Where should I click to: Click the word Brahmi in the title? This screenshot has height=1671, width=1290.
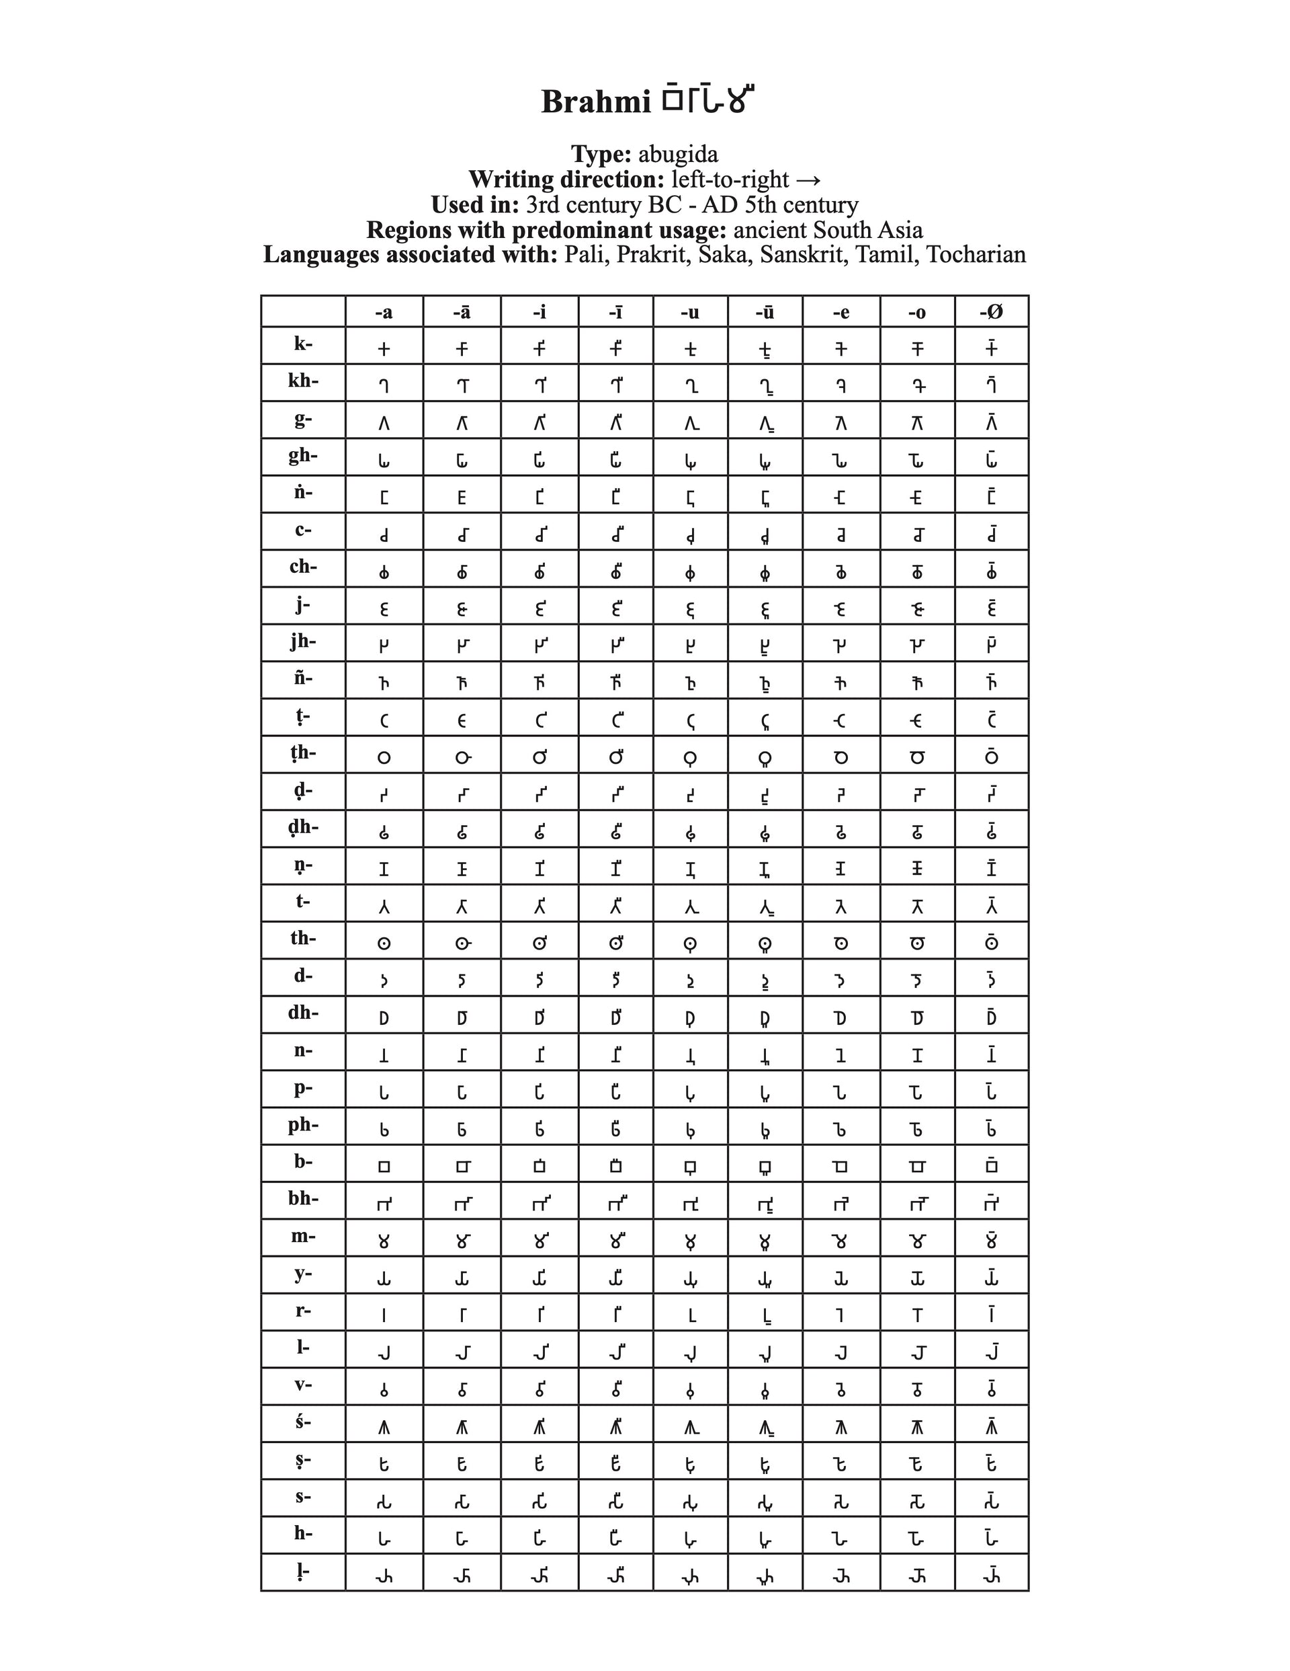pyautogui.click(x=595, y=102)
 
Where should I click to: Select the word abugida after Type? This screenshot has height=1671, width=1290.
pyautogui.click(x=679, y=155)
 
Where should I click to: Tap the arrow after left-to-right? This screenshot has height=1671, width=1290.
pyautogui.click(x=808, y=180)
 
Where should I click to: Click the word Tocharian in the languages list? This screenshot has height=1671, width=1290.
pyautogui.click(x=976, y=254)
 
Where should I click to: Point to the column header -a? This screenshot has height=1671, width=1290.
pyautogui.click(x=384, y=312)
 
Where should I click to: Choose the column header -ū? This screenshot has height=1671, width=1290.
pyautogui.click(x=765, y=312)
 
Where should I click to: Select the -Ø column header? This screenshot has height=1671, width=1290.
pyautogui.click(x=991, y=312)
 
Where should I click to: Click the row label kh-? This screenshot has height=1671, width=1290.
pyautogui.click(x=303, y=380)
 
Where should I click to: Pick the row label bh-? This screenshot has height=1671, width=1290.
pyautogui.click(x=303, y=1198)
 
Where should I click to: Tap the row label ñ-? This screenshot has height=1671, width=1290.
pyautogui.click(x=303, y=678)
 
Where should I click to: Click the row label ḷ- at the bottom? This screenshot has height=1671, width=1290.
pyautogui.click(x=303, y=1571)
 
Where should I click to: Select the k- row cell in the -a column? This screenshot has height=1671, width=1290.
pyautogui.click(x=384, y=349)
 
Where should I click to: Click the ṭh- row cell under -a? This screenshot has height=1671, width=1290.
pyautogui.click(x=384, y=757)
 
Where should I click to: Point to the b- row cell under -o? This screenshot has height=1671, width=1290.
pyautogui.click(x=917, y=1167)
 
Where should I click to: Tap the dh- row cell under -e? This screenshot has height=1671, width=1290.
pyautogui.click(x=841, y=1017)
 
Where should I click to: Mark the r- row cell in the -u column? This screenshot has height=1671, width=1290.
pyautogui.click(x=691, y=1316)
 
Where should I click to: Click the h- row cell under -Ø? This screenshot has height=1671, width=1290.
pyautogui.click(x=991, y=1538)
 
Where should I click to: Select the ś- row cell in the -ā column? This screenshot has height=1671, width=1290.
pyautogui.click(x=462, y=1428)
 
